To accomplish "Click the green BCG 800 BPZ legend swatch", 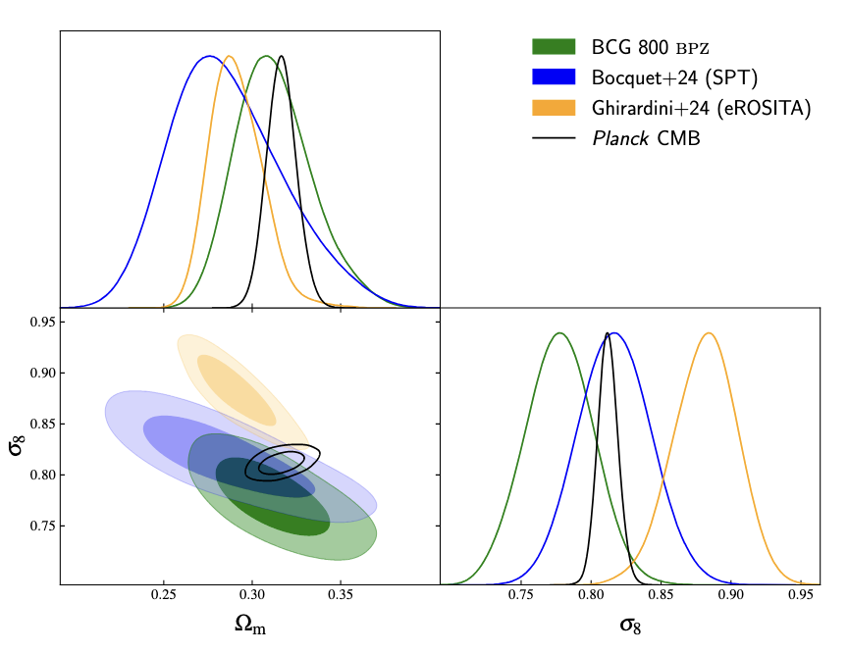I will (x=554, y=46).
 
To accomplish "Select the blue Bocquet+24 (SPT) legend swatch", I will (x=554, y=76).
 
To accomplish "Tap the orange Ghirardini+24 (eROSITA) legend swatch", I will (x=554, y=108).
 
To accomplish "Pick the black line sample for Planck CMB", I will (x=554, y=138).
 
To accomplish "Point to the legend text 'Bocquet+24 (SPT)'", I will (x=674, y=77).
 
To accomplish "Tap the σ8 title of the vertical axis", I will (x=17, y=445).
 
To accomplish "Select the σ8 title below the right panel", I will (x=631, y=625).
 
